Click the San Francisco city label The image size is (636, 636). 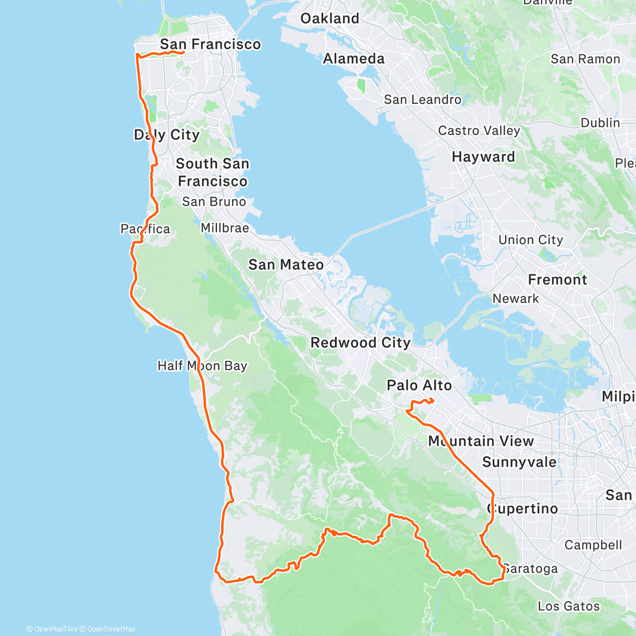210,44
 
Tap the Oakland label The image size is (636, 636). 330,19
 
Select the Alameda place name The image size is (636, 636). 354,58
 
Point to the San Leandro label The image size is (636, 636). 422,100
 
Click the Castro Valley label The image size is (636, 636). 479,130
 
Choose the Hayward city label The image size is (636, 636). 483,157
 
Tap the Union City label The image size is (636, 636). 531,240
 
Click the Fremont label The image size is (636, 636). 558,280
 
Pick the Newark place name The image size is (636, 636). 516,298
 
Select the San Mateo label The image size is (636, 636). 286,264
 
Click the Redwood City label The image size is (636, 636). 360,343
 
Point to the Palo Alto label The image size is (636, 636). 419,385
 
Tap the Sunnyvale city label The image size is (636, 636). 519,462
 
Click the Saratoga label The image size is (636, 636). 531,569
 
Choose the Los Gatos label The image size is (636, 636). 569,606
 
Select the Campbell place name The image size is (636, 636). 593,545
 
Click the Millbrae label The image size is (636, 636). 225,228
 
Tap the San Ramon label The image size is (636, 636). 585,59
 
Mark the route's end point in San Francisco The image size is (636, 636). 183,52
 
